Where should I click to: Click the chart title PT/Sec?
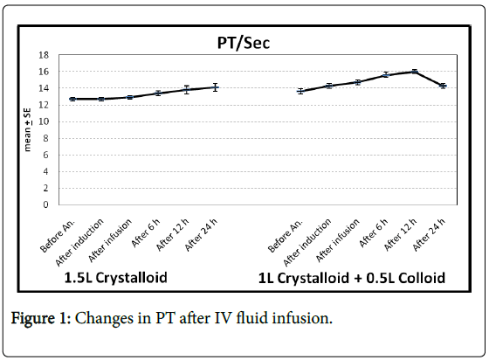pos(242,41)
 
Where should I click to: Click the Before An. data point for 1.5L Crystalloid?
pos(72,99)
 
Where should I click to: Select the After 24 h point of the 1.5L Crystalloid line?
pos(215,87)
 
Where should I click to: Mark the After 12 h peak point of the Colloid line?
pos(414,72)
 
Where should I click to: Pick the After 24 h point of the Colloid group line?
pos(443,86)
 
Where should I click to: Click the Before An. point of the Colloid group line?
pos(300,92)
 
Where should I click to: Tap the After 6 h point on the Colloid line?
pos(386,75)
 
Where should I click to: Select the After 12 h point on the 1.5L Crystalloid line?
pos(186,90)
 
